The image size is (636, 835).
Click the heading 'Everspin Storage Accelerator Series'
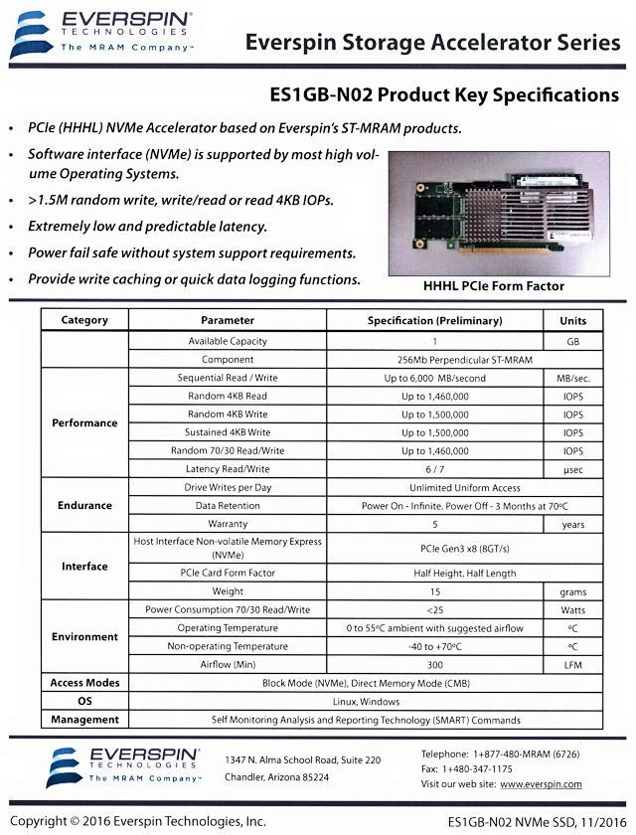pyautogui.click(x=431, y=43)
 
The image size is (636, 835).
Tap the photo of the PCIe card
pyautogui.click(x=502, y=211)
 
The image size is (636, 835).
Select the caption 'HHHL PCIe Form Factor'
pyautogui.click(x=493, y=286)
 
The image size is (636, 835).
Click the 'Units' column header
pyautogui.click(x=572, y=321)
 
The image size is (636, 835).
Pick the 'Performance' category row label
pyautogui.click(x=84, y=422)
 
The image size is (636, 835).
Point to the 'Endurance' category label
pyautogui.click(x=84, y=505)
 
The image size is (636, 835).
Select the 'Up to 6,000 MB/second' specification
pyautogui.click(x=434, y=378)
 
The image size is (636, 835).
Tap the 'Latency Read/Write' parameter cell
pyautogui.click(x=227, y=468)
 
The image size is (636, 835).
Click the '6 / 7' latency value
pyautogui.click(x=434, y=468)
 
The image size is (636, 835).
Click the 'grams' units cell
pyautogui.click(x=572, y=591)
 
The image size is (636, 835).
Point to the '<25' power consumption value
pyautogui.click(x=434, y=609)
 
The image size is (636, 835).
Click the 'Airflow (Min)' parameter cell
pyautogui.click(x=227, y=664)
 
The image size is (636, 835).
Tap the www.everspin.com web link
pyautogui.click(x=541, y=784)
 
